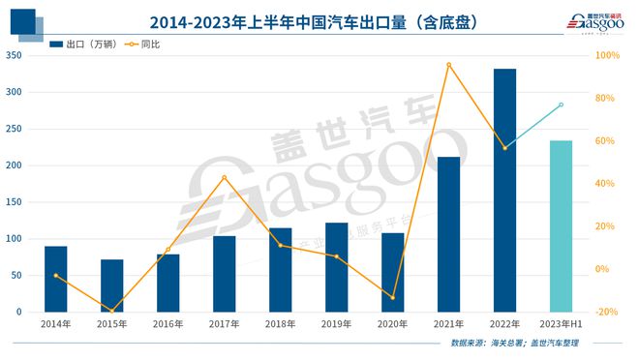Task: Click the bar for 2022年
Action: [504, 191]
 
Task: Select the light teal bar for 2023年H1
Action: [561, 226]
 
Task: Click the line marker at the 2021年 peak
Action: [448, 65]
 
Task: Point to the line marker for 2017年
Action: [225, 177]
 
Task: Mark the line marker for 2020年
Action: [392, 297]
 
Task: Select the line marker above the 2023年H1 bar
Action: [561, 105]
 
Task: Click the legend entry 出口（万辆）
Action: [81, 45]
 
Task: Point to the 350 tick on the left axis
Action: [14, 56]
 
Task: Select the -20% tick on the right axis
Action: [608, 312]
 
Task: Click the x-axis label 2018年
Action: [280, 324]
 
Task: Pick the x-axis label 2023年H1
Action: [561, 324]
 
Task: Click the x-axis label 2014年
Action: [56, 324]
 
